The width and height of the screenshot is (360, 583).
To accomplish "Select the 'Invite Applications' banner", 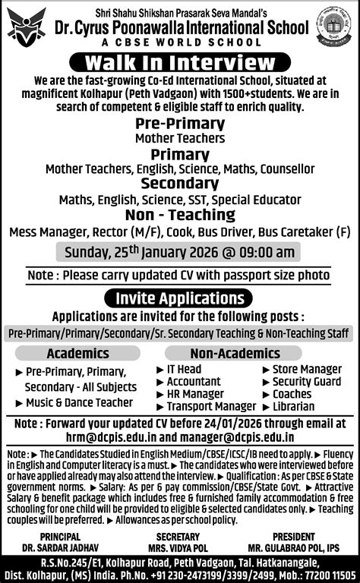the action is [180, 298].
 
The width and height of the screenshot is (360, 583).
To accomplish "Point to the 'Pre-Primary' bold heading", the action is [180, 124].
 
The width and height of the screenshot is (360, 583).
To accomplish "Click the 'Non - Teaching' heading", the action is [180, 215].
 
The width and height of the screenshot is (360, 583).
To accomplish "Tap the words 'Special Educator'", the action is [263, 200].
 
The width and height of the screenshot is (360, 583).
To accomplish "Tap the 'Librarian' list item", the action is [292, 406].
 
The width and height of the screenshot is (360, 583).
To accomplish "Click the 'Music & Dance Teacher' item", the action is [79, 402].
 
